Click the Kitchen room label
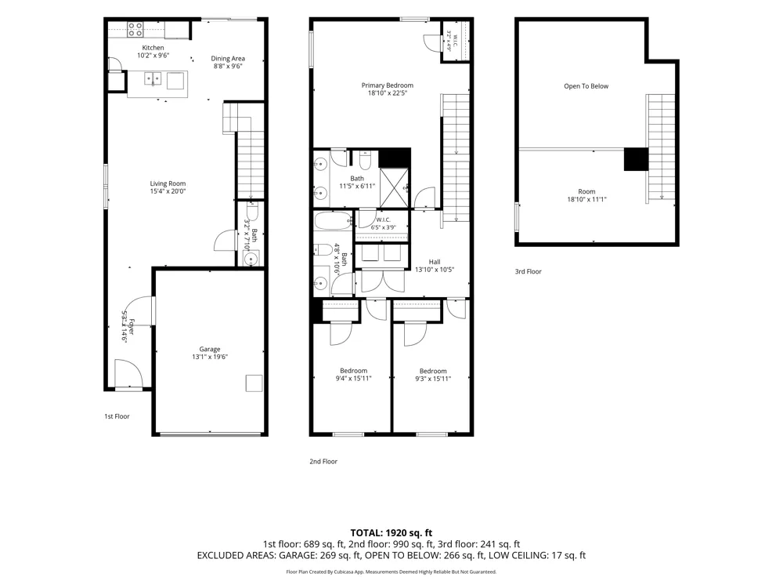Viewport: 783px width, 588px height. pos(153,48)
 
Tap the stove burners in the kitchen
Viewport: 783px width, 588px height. pos(135,30)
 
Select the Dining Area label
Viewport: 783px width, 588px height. pos(228,59)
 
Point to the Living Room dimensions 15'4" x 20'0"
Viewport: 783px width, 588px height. pos(168,191)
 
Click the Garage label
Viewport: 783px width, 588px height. pos(210,349)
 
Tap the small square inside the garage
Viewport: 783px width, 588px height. pos(254,383)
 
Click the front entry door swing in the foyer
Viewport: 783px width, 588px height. pos(129,372)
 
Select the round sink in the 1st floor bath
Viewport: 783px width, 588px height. pos(251,259)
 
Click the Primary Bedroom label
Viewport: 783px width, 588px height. pos(388,85)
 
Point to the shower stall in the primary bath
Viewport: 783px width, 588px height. pos(394,187)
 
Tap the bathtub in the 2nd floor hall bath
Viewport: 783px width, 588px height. pos(334,220)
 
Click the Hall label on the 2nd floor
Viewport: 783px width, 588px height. pos(435,262)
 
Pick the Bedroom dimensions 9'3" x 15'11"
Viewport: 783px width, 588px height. pos(433,379)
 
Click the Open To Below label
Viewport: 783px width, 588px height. pos(586,86)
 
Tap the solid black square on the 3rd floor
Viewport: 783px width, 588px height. pos(636,159)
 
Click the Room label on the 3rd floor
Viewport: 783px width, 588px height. pos(586,191)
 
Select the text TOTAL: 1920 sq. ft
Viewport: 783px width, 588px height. pos(391,533)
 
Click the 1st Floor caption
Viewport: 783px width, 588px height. pos(117,416)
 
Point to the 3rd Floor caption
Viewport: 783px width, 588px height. pos(529,271)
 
